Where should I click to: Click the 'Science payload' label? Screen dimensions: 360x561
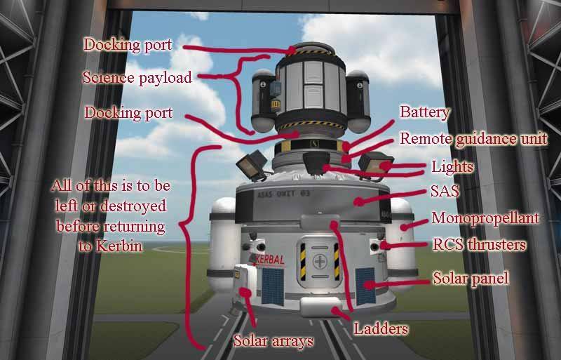[136, 78]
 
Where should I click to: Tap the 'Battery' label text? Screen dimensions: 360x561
[424, 112]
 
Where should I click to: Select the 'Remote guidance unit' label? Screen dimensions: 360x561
[473, 139]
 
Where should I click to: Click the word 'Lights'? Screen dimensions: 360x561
[453, 167]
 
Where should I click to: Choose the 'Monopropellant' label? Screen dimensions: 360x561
[485, 218]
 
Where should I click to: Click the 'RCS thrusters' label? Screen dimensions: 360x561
[479, 245]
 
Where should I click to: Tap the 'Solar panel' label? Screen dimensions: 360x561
[471, 279]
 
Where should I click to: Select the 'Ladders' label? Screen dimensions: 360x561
[381, 328]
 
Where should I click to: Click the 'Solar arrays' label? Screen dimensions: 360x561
[273, 341]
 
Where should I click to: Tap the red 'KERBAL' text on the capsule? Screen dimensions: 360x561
[270, 260]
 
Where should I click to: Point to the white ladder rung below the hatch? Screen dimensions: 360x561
[320, 307]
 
